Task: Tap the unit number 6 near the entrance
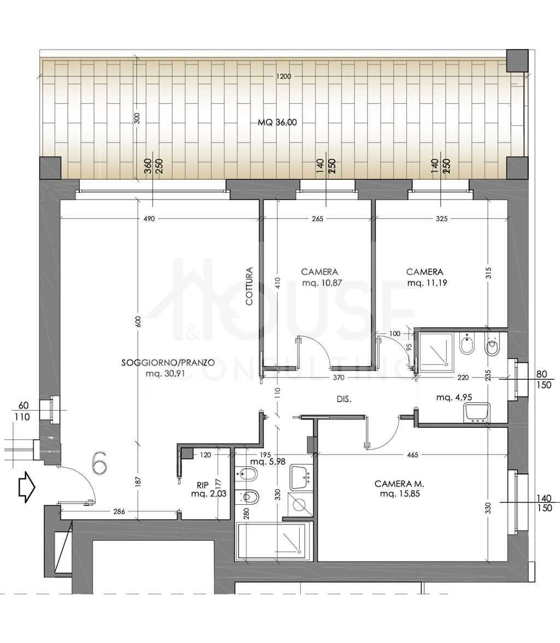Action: point(100,462)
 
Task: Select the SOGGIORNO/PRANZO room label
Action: point(168,363)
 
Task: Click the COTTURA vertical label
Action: point(249,286)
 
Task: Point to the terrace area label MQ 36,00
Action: point(277,122)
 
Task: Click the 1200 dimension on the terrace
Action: point(283,76)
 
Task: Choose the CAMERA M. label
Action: point(399,484)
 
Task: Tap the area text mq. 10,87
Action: point(322,283)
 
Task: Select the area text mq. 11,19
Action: point(427,283)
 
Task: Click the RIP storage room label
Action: point(203,486)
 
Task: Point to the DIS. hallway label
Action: point(344,399)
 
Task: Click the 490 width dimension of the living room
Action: point(149,219)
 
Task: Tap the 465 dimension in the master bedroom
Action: point(412,455)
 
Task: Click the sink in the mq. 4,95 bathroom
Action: point(477,412)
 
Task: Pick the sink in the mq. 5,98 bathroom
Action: point(301,477)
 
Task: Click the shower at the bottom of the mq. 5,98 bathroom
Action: point(271,541)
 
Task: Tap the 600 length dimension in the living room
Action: point(138,321)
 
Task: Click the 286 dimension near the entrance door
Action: point(119,511)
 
